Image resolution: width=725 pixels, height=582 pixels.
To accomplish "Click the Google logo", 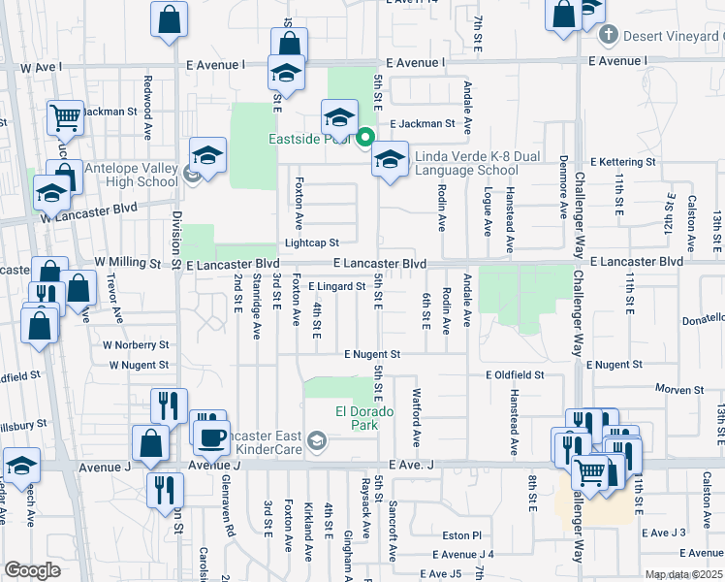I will pyautogui.click(x=32, y=570).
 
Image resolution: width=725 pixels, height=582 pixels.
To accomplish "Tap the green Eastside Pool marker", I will pyautogui.click(x=365, y=138).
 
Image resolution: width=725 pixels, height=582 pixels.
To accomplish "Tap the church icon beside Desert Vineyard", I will pyautogui.click(x=609, y=37).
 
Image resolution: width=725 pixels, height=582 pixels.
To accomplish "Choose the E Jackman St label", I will pyautogui.click(x=422, y=124).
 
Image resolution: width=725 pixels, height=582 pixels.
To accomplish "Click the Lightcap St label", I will pyautogui.click(x=311, y=243).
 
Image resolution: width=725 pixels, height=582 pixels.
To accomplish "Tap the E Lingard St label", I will pyautogui.click(x=335, y=286).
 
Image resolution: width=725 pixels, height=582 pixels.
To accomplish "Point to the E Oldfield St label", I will pyautogui.click(x=516, y=374).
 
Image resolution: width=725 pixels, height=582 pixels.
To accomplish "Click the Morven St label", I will pyautogui.click(x=678, y=389).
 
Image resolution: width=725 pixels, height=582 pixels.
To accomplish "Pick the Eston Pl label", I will pyautogui.click(x=461, y=534).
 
